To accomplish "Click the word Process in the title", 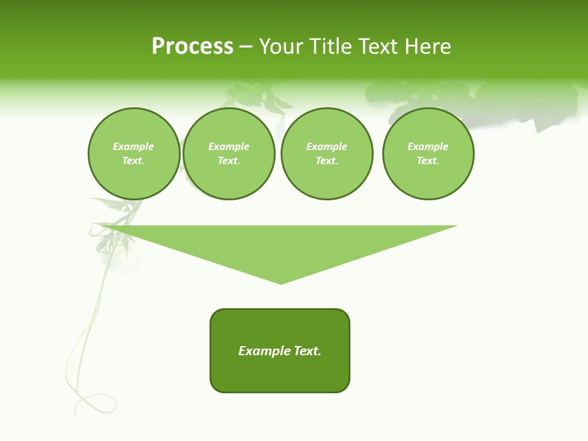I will tap(192, 47).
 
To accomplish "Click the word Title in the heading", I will tap(328, 47).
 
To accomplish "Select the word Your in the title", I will tap(281, 47).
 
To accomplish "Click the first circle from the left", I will tap(134, 154).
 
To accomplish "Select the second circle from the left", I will tap(229, 154).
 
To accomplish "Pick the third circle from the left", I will tap(327, 154).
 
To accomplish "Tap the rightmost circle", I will tap(428, 154).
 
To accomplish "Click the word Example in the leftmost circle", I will tap(134, 146).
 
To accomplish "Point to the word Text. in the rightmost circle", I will tap(428, 161).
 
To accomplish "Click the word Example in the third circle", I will tap(327, 146).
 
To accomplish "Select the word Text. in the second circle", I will tap(229, 161).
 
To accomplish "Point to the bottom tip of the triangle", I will tap(281, 283).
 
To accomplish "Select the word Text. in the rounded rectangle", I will tap(308, 351).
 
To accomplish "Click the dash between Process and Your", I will tap(246, 47).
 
